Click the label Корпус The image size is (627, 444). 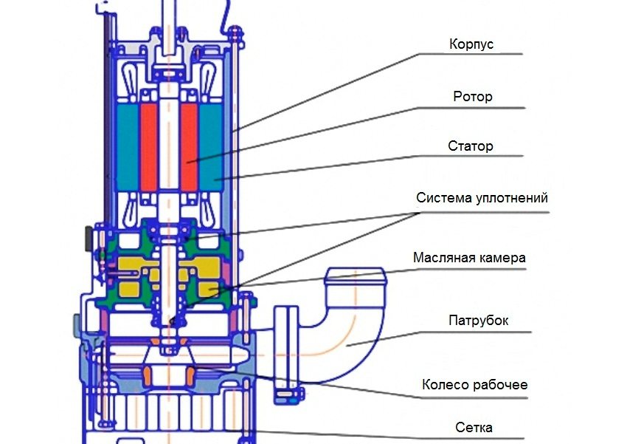471,44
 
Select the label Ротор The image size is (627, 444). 472,98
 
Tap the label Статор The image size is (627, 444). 470,146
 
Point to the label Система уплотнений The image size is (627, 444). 482,198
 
